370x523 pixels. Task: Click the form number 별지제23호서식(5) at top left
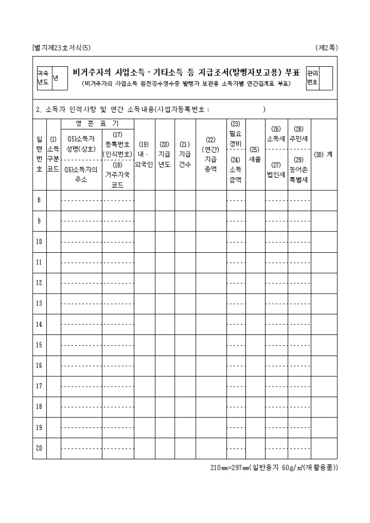point(61,47)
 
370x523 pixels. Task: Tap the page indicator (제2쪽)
point(326,47)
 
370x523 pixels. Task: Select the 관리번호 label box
point(312,78)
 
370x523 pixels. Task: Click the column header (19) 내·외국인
point(144,154)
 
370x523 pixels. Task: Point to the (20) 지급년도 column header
point(164,154)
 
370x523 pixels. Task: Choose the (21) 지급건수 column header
point(185,154)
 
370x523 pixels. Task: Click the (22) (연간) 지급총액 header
point(211,154)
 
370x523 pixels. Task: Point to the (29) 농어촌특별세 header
point(299,169)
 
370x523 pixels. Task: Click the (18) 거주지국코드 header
point(117,175)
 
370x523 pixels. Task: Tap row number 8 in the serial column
point(39,200)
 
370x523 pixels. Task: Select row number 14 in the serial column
point(39,324)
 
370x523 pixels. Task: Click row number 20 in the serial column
point(39,449)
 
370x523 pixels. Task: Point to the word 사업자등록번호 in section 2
point(182,109)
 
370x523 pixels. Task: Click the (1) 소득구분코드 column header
point(53,154)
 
